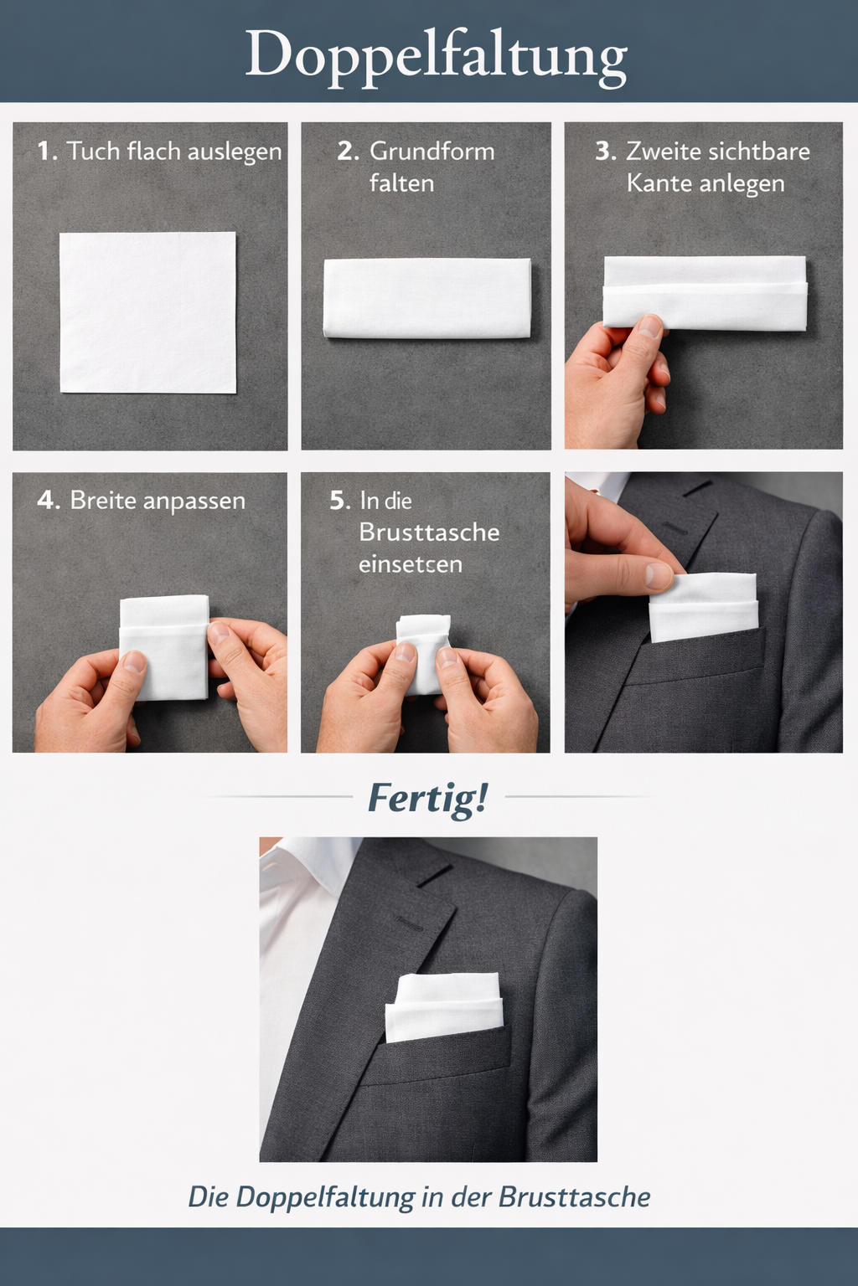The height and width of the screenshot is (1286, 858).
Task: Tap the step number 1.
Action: (x=47, y=152)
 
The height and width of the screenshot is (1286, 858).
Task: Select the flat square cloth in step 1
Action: (x=147, y=312)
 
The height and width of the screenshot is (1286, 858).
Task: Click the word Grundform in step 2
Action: (x=432, y=152)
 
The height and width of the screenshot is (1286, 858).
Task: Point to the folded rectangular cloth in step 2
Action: (x=427, y=298)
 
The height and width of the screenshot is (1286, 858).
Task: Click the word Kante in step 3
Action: (x=656, y=183)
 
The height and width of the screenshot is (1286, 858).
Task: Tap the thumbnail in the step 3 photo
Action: (x=650, y=326)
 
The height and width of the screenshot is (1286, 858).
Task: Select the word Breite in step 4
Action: (x=103, y=501)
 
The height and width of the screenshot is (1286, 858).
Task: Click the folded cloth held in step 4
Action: (x=164, y=647)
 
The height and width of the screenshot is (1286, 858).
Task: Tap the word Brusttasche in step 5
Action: (x=429, y=532)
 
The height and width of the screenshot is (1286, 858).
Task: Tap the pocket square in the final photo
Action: (x=444, y=1007)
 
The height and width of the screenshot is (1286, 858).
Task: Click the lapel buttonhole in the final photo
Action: (x=409, y=923)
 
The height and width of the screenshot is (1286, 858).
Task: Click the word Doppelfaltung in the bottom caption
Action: (x=326, y=1197)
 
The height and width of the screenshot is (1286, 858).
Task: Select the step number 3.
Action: (x=606, y=152)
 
